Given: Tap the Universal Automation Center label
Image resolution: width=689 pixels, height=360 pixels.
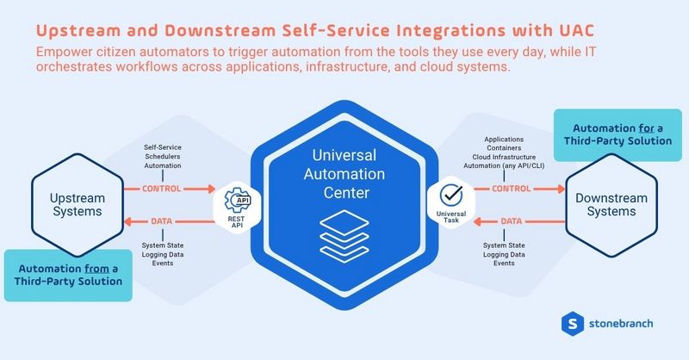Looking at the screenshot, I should pos(344,172).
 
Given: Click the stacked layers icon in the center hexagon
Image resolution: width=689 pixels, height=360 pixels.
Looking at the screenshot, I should pos(344,233).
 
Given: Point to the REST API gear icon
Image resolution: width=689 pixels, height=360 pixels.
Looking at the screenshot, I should pos(237,198).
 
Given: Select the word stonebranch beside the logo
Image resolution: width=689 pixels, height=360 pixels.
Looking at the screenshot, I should pos(623,324).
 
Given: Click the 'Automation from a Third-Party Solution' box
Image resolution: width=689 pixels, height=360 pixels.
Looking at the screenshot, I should pos(68,276).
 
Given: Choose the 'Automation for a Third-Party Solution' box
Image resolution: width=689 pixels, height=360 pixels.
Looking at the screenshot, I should pos(611,134).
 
